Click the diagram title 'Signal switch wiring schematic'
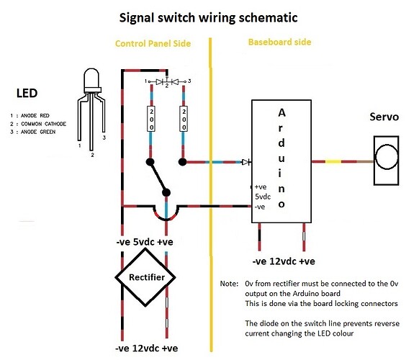[x=209, y=15]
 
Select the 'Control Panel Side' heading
[x=153, y=44]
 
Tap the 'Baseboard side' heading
[x=279, y=42]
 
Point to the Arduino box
[x=281, y=159]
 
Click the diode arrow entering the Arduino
[x=246, y=162]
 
